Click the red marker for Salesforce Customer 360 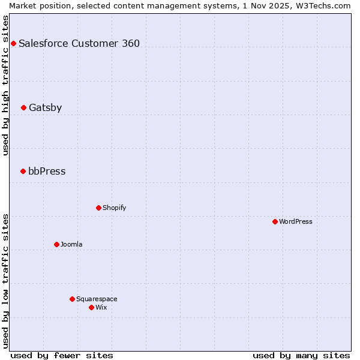tap(13, 43)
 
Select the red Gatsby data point tap(23, 108)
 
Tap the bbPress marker tap(23, 172)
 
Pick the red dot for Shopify tap(98, 208)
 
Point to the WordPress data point tap(275, 222)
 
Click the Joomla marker tap(56, 245)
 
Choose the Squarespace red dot tap(72, 299)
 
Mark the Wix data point tap(91, 308)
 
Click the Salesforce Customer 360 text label tap(79, 43)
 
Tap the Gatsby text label tap(45, 108)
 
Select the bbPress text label tap(47, 172)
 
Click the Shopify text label tap(114, 208)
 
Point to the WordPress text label tap(296, 222)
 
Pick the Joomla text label tap(71, 245)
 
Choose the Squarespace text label tap(97, 299)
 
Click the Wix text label tap(101, 308)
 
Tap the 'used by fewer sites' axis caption tap(62, 355)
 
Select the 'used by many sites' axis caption tap(301, 355)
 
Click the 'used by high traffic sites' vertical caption tap(5, 85)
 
